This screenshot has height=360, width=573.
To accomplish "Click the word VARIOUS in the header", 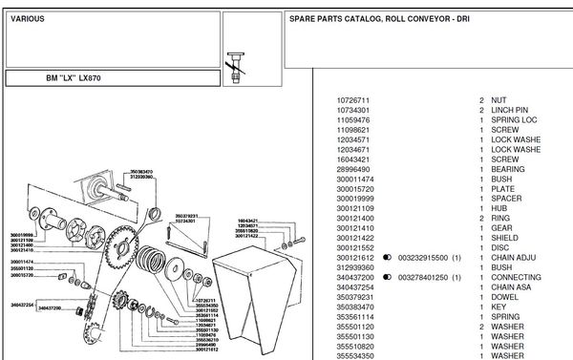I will coord(25,18).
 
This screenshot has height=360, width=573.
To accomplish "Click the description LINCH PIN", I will coord(508,110).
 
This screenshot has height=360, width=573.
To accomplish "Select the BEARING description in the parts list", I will coord(508,168).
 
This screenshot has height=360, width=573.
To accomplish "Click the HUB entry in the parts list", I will coord(500,207).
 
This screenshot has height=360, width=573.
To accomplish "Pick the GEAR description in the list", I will coord(502,227).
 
